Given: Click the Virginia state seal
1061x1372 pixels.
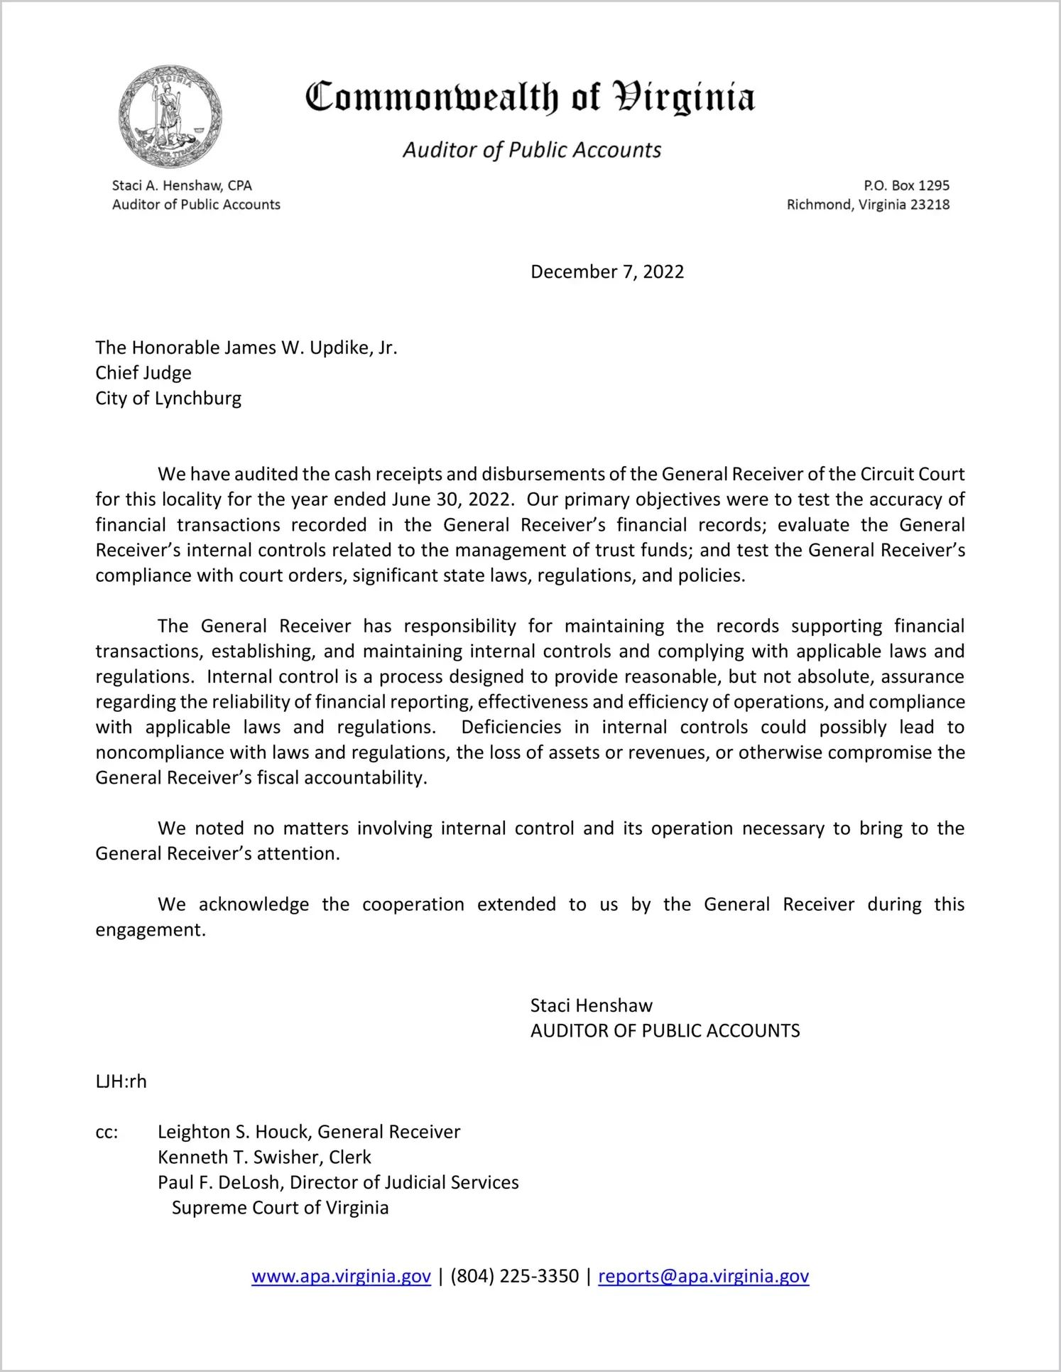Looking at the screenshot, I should (170, 117).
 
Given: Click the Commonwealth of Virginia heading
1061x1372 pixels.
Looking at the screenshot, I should (530, 97).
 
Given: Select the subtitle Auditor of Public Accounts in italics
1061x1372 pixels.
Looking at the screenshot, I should (532, 150).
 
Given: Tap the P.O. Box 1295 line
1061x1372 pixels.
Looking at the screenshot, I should (906, 185).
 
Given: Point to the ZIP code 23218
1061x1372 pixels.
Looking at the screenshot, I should (930, 205).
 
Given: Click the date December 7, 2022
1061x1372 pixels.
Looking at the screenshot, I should (607, 272).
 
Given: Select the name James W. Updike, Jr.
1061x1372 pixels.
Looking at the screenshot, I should (311, 347).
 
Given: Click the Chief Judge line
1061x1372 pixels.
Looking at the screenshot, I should (143, 373).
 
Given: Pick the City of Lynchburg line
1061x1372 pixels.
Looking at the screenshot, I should (168, 399).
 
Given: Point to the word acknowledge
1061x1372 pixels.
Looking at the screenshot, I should (254, 904).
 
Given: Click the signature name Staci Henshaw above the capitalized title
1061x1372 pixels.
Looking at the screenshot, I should (591, 1005).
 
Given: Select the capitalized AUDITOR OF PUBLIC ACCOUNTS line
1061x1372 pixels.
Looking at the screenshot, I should (665, 1031).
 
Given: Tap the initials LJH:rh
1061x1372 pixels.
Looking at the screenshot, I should (121, 1081).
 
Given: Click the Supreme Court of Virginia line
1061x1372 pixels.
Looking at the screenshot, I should (280, 1208).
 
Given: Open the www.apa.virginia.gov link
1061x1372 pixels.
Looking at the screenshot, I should (341, 1276).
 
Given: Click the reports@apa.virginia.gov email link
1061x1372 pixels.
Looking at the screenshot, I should (703, 1276).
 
